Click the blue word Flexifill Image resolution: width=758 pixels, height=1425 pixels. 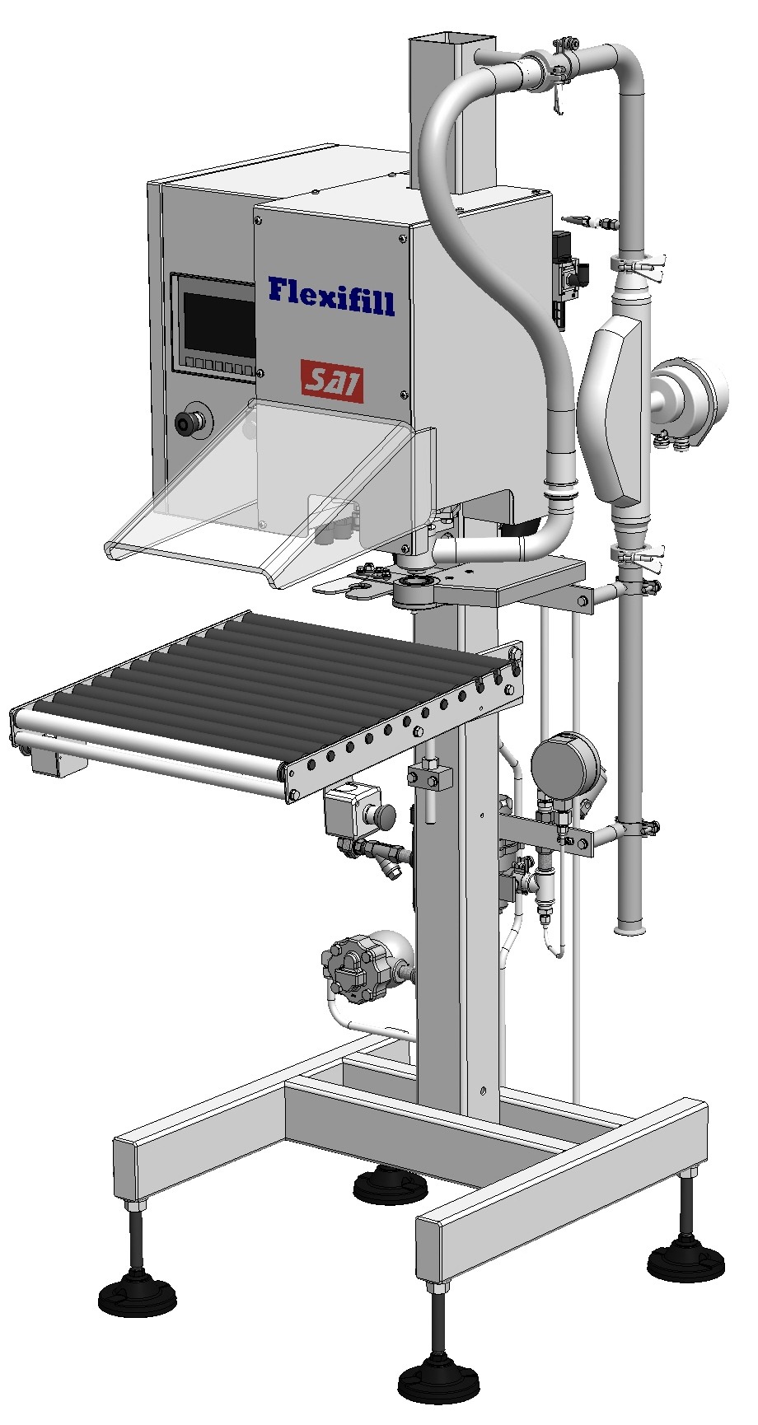pyautogui.click(x=331, y=296)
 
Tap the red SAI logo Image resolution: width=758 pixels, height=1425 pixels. pyautogui.click(x=332, y=381)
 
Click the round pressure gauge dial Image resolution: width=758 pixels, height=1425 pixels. pyautogui.click(x=565, y=764)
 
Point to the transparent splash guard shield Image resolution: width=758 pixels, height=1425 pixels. pyautogui.click(x=272, y=494)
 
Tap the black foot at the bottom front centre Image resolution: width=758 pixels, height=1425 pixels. pyautogui.click(x=433, y=1391)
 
